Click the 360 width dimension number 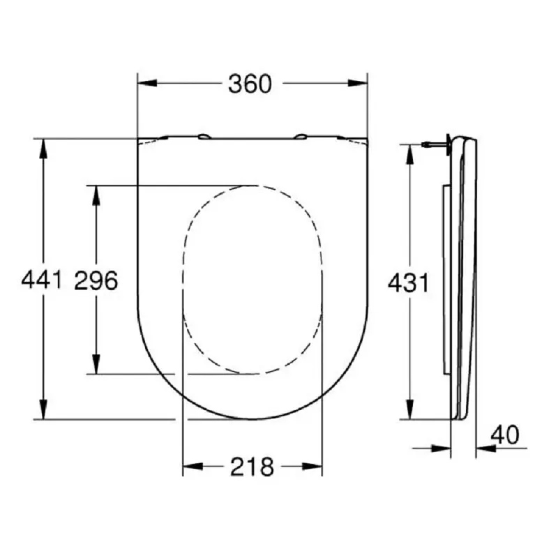(x=250, y=84)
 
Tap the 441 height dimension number (x=42, y=280)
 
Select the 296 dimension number (x=96, y=280)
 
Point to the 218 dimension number (x=252, y=467)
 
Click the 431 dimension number (x=408, y=283)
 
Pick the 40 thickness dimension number (x=505, y=435)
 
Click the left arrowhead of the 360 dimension (x=147, y=83)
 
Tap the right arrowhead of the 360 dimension (x=358, y=83)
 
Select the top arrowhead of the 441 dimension (x=43, y=149)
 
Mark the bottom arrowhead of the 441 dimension (x=43, y=409)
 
